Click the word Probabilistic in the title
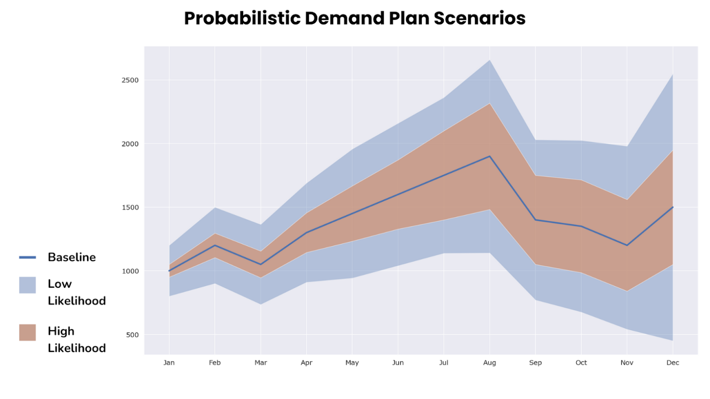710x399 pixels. pos(242,19)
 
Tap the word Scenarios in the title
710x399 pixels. pos(480,19)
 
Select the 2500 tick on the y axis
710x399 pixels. pos(130,80)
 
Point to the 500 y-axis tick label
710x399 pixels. pos(132,335)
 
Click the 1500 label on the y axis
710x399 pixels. pos(130,208)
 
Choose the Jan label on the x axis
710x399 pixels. pos(169,363)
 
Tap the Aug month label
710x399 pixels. pos(489,363)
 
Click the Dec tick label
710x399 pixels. pos(672,363)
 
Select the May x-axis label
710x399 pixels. pos(352,363)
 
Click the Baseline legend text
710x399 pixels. pos(72,257)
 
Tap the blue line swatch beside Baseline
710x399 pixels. pos(27,257)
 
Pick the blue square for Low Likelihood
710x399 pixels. pos(27,285)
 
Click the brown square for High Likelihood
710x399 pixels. pos(27,332)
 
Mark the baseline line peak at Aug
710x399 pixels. pos(489,157)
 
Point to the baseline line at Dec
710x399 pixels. pos(672,207)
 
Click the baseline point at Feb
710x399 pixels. pos(215,245)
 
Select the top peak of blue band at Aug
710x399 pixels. pos(489,60)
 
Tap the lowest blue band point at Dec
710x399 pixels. pos(672,340)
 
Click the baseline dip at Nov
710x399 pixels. pos(627,245)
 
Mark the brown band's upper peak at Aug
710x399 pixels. pos(489,104)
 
